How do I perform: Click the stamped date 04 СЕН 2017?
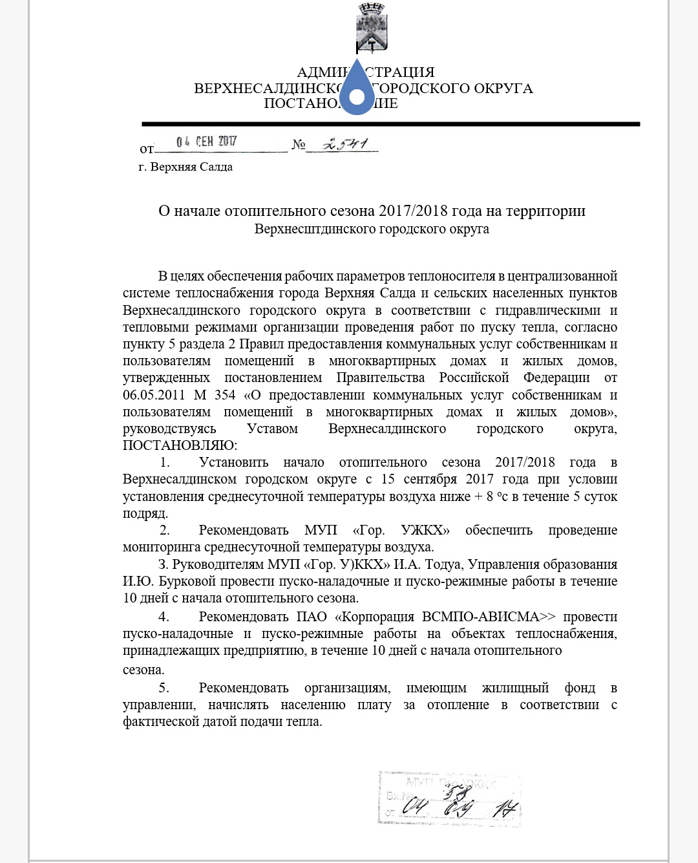click(207, 141)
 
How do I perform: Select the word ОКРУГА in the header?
click(503, 89)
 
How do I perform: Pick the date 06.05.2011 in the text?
click(154, 395)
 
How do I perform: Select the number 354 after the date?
click(225, 395)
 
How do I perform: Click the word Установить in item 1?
click(233, 462)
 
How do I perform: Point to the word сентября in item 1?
click(431, 479)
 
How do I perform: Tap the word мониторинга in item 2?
click(162, 547)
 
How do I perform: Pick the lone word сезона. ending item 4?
click(143, 670)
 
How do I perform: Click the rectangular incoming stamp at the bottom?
click(450, 799)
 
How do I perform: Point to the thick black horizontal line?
click(390, 123)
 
